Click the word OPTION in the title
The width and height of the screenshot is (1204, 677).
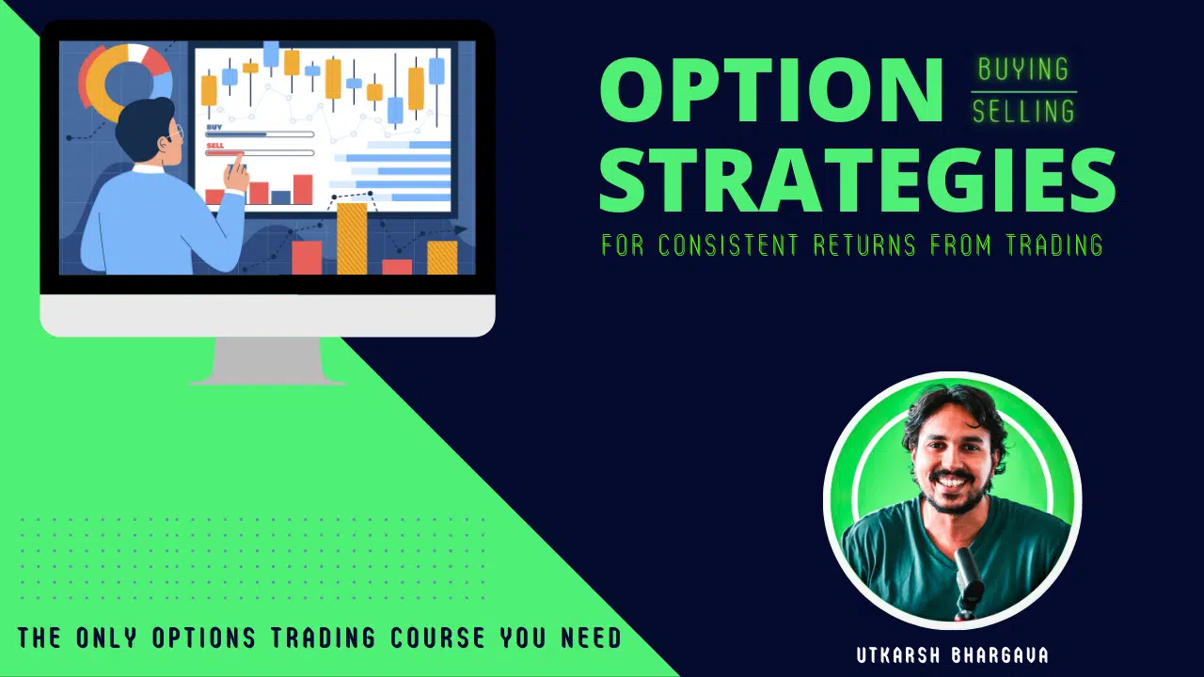click(770, 91)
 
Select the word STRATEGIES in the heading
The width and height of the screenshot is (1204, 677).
click(857, 180)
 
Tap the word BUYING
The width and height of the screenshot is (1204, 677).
click(1023, 70)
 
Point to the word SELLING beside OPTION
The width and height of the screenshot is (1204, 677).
click(1023, 112)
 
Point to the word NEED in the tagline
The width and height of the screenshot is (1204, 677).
click(589, 638)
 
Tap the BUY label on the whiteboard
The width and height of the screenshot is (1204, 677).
click(214, 125)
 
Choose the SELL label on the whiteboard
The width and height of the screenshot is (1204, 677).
click(214, 146)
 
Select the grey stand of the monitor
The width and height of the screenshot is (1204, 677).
click(267, 361)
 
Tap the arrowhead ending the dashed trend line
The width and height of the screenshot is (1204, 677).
click(462, 228)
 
